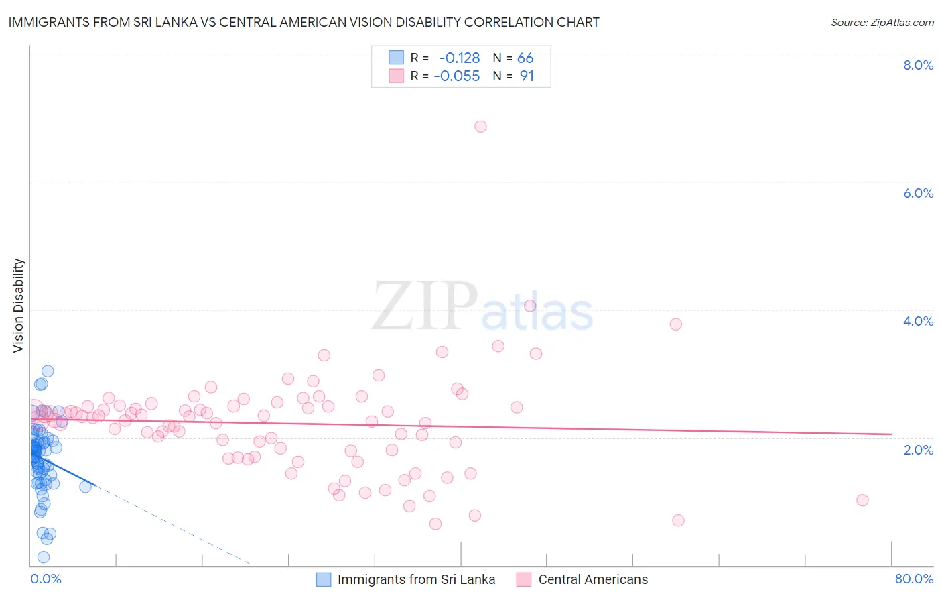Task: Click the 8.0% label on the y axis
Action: coord(918,65)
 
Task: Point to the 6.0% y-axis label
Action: coord(918,193)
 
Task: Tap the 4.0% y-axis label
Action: coord(918,321)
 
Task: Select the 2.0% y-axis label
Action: coord(918,450)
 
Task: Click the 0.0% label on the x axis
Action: coord(46,579)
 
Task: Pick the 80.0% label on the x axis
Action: coord(914,579)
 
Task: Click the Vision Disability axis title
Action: coord(19,306)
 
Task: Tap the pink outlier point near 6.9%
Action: coord(480,127)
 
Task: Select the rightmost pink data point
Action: coord(862,500)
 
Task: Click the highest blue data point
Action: coord(48,371)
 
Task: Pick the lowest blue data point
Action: coord(44,557)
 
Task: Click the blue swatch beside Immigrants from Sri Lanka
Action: coord(324,579)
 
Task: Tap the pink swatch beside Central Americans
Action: coord(524,579)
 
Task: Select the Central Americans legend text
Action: coord(593,579)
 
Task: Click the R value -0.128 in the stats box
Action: coord(459,58)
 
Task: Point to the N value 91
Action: coord(527,76)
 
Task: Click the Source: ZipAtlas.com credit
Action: coord(882,23)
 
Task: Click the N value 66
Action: coord(525,58)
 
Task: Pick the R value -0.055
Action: coord(457,76)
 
